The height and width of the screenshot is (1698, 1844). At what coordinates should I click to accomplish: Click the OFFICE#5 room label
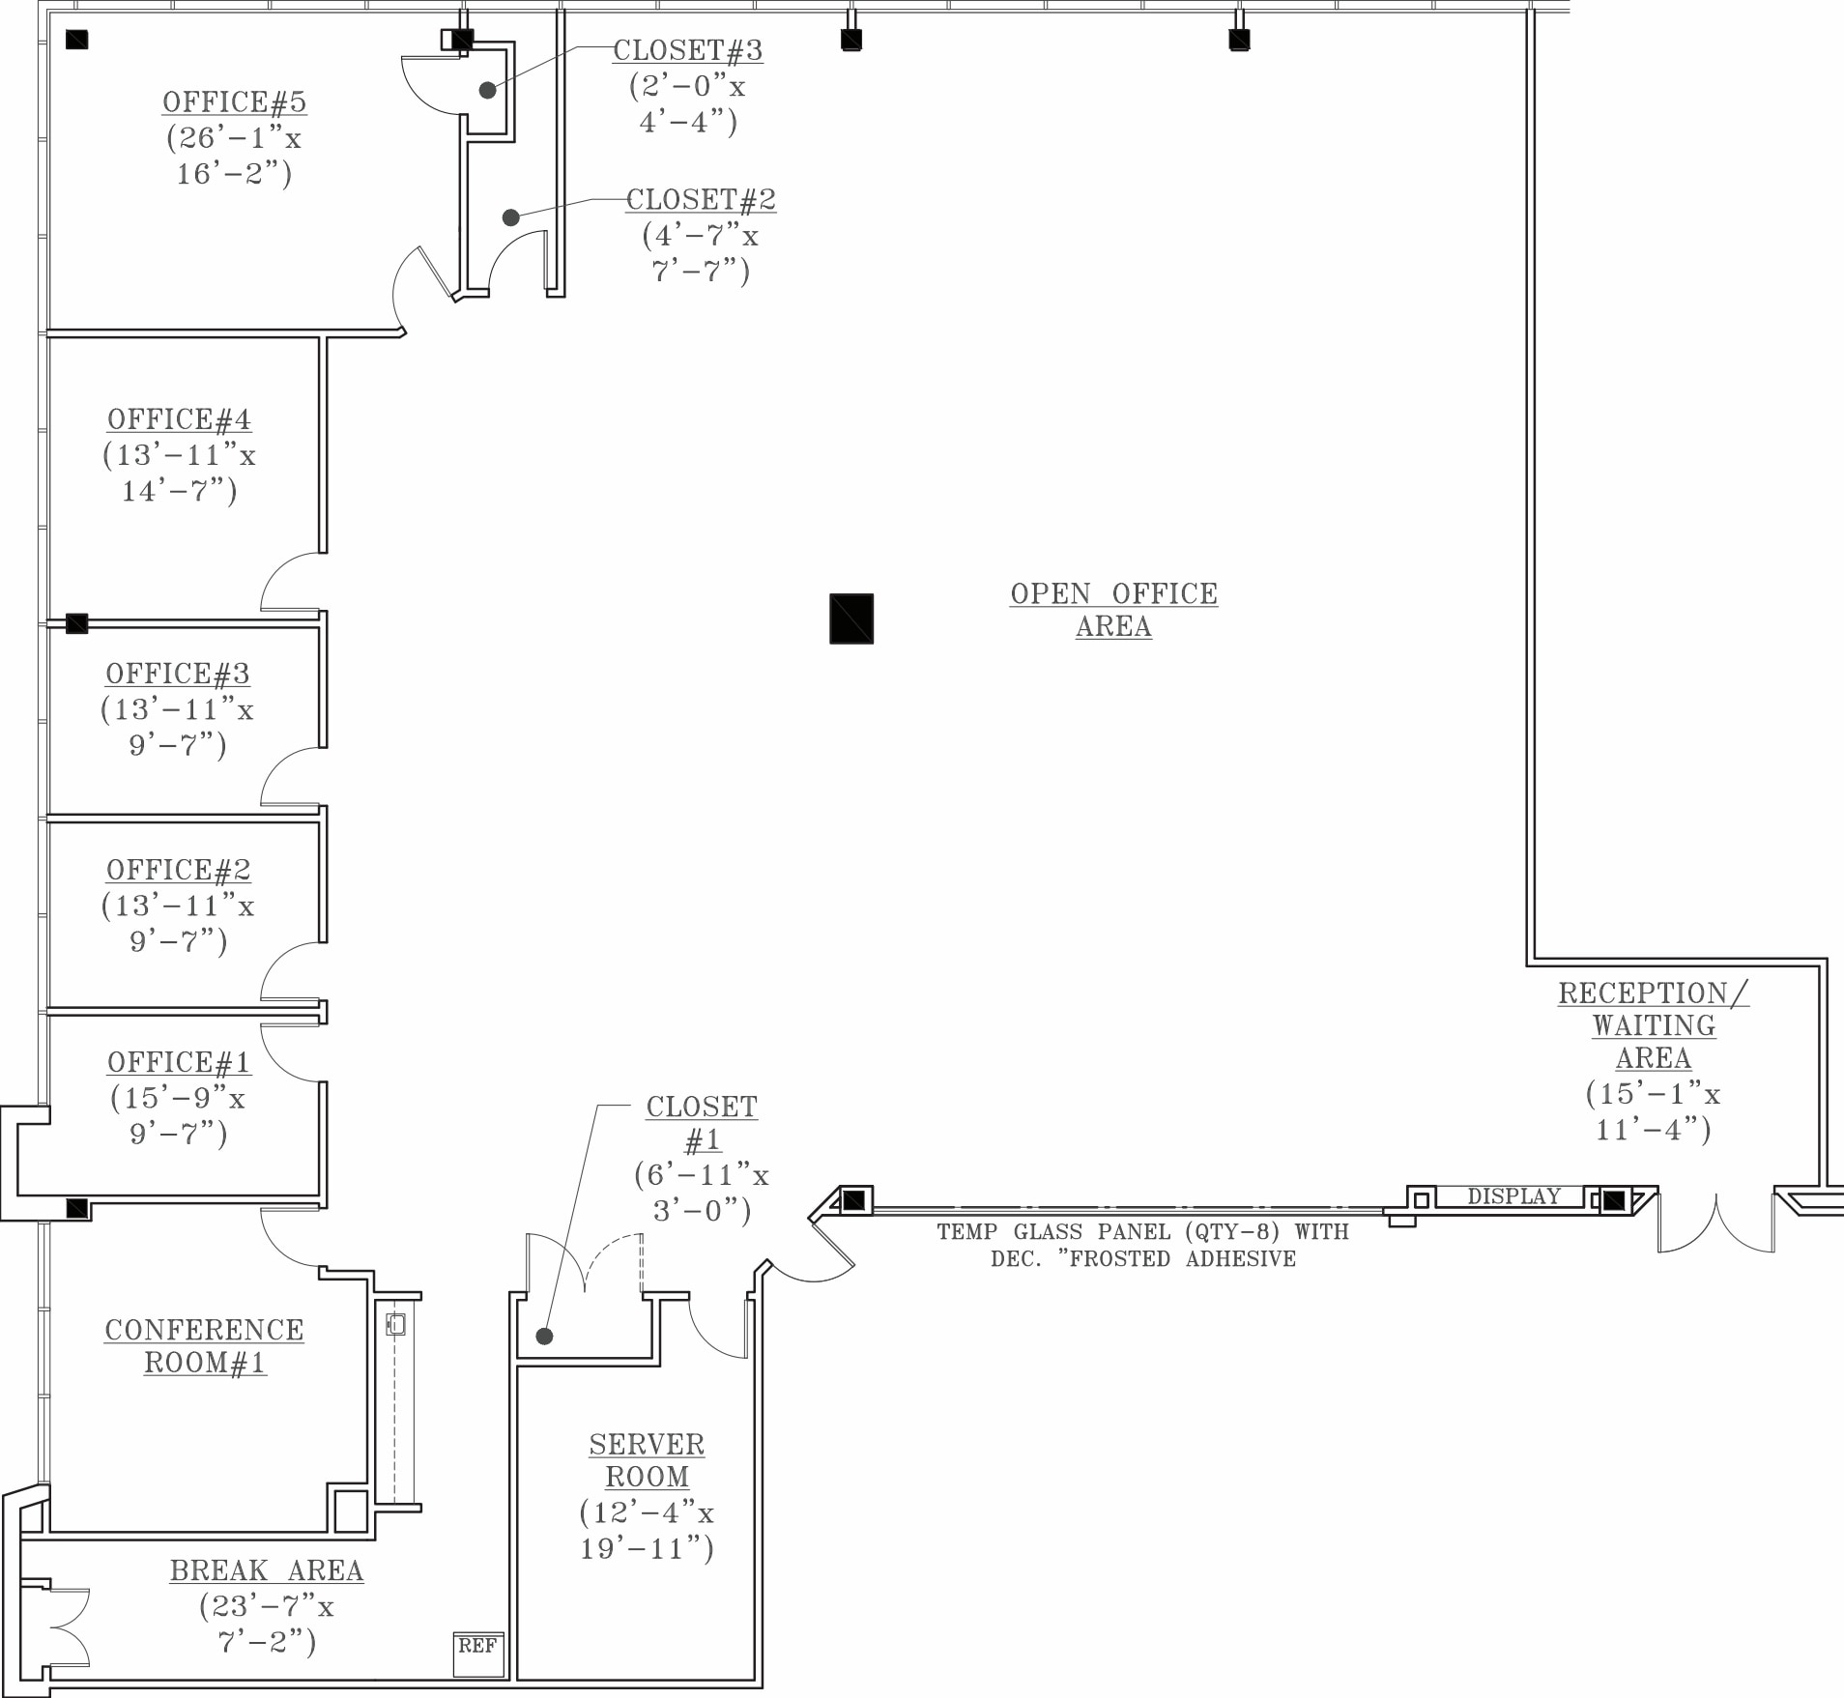coord(234,102)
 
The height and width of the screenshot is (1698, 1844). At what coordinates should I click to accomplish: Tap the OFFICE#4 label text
coord(179,419)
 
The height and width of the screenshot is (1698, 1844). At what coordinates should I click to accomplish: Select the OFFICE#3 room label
coord(178,674)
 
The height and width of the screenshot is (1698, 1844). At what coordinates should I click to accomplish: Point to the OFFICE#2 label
coord(179,870)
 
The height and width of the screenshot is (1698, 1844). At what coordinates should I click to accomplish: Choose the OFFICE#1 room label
coord(179,1062)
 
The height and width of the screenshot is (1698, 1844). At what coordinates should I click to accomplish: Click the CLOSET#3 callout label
coord(688,50)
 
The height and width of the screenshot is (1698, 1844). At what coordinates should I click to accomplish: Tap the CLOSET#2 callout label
coord(701,200)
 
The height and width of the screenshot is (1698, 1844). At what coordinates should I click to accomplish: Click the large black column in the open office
coord(851,619)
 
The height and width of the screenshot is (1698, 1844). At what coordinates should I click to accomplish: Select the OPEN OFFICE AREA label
coord(1114,610)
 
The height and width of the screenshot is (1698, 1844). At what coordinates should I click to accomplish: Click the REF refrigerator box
coord(478,1654)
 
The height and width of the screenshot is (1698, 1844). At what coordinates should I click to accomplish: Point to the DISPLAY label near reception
coord(1513,1196)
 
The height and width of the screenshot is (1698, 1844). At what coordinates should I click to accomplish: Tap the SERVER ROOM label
coord(648,1460)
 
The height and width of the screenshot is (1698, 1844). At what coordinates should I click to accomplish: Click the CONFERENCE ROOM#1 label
coord(204,1346)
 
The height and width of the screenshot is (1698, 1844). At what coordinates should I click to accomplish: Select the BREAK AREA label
coord(267,1570)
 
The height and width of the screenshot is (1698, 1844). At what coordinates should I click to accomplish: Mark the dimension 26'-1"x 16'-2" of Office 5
coord(234,156)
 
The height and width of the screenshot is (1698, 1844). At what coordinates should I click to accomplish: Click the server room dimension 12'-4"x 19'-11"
coord(647,1530)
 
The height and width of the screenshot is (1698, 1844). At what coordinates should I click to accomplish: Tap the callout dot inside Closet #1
coord(544,1336)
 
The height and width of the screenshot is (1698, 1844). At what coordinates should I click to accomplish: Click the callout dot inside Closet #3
coord(487,90)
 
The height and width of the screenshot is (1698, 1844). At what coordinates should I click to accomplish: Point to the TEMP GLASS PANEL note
coord(1143,1245)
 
